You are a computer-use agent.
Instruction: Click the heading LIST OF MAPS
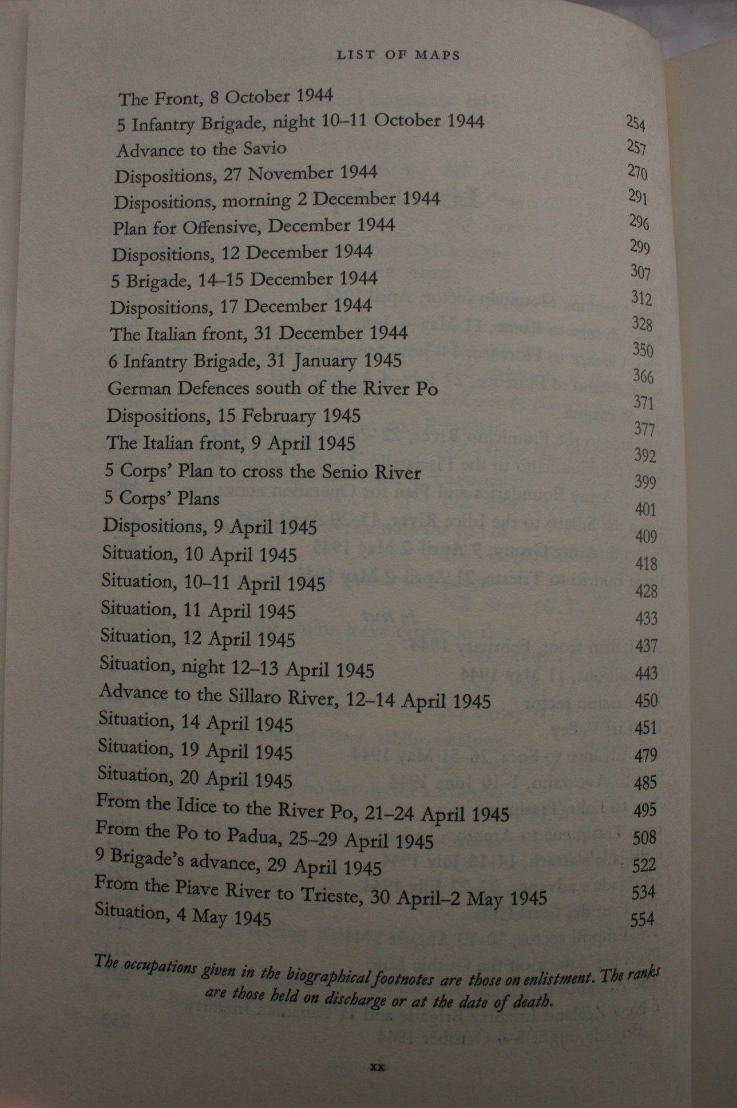tap(398, 55)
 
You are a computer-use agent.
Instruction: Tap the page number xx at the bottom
tap(377, 1067)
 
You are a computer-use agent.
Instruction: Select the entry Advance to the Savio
tap(201, 149)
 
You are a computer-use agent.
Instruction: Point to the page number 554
tap(642, 920)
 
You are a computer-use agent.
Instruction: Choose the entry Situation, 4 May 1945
tap(183, 914)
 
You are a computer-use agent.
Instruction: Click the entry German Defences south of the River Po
tap(272, 389)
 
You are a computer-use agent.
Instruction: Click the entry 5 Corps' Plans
tap(162, 498)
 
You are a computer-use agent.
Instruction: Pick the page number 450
tap(646, 700)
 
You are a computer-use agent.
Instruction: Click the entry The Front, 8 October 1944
tap(225, 97)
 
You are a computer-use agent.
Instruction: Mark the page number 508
tap(644, 838)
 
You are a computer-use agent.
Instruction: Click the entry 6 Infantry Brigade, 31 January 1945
tap(255, 361)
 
